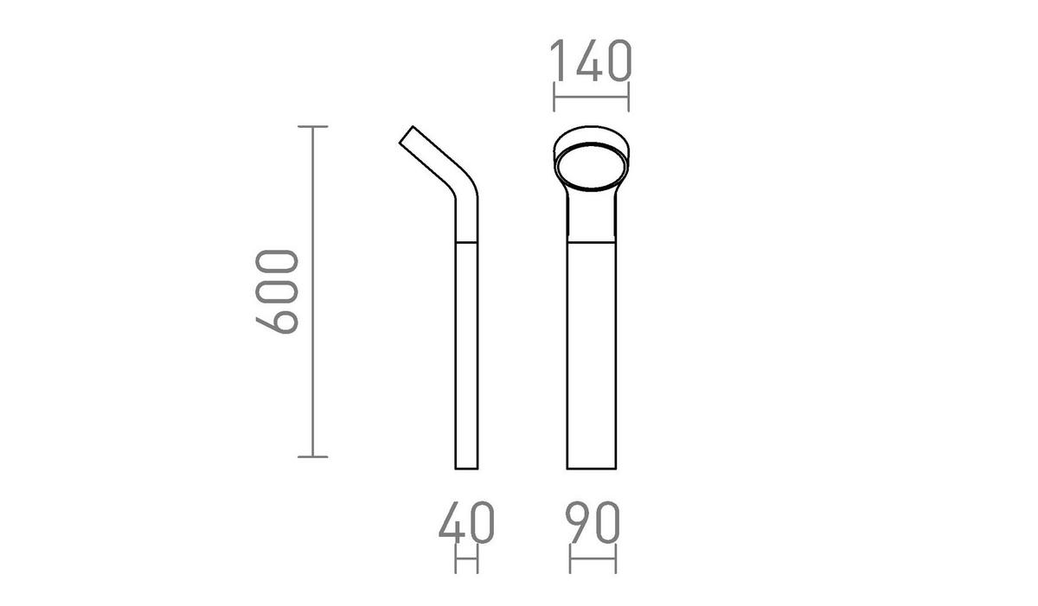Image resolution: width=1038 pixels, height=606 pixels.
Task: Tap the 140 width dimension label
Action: point(592,61)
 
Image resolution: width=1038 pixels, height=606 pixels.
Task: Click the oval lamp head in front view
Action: point(592,168)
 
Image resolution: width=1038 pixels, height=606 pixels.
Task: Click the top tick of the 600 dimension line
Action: point(312,127)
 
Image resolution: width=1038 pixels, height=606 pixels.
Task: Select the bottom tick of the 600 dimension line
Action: point(312,456)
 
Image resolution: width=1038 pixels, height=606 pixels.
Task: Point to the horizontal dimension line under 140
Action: point(592,98)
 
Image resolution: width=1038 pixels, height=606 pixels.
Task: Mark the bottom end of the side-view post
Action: point(466,468)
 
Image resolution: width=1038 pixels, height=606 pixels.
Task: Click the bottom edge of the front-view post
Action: point(593,469)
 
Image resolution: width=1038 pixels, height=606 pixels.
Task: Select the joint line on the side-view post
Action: point(466,242)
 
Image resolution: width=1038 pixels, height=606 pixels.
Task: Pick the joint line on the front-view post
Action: point(593,242)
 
